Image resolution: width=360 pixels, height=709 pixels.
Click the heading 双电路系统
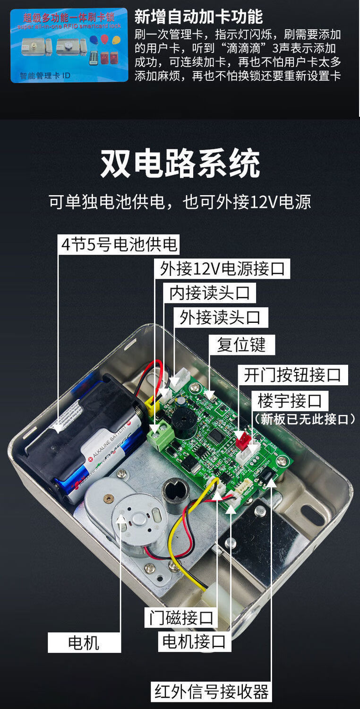[180, 164]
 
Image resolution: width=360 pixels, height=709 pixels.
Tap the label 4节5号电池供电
[119, 244]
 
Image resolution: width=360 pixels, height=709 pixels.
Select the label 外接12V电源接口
[222, 269]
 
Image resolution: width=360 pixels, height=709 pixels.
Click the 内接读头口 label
[209, 293]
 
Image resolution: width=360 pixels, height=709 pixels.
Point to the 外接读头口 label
[220, 317]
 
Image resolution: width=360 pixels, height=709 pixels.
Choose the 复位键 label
[241, 345]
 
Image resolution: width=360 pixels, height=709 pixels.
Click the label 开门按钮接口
[292, 375]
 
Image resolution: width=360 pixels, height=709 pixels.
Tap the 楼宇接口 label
[290, 401]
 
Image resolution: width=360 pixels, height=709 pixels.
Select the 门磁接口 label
[180, 617]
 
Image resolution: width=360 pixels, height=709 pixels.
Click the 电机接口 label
[194, 641]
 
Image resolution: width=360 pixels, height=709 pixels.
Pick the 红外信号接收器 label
[212, 692]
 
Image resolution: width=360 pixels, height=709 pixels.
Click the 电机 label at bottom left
[84, 643]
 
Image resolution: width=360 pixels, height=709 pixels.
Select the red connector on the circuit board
[242, 440]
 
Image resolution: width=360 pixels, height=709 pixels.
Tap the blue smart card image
[69, 45]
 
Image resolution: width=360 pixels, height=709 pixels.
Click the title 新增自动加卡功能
[198, 17]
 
